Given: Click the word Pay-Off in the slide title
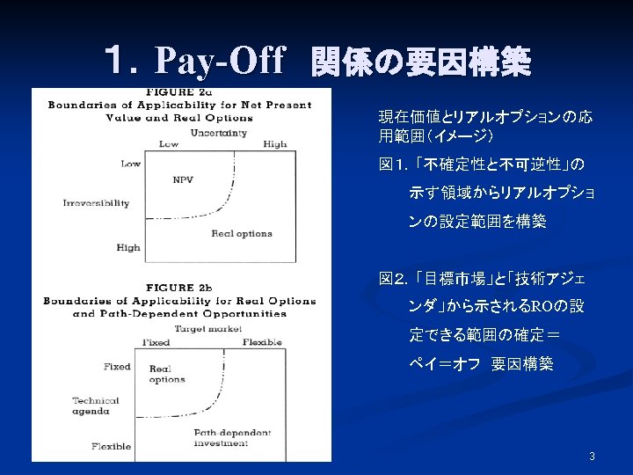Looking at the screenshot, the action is [220, 62].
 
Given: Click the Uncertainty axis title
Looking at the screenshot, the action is [218, 133].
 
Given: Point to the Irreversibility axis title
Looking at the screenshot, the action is [96, 203].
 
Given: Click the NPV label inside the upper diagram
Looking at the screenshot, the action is [183, 180].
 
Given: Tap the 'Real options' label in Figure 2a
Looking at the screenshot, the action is [242, 234].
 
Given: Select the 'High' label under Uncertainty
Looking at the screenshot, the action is [274, 144].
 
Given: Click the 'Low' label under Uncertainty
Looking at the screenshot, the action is [169, 144].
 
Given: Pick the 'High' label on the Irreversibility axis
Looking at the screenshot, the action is [128, 248].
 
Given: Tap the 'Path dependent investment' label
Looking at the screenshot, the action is [232, 438].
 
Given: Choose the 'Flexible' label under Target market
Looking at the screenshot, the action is [262, 342].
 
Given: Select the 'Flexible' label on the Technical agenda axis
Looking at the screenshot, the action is [111, 446].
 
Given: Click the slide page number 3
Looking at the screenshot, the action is [592, 456].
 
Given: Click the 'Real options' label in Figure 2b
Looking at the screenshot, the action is [167, 374].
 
